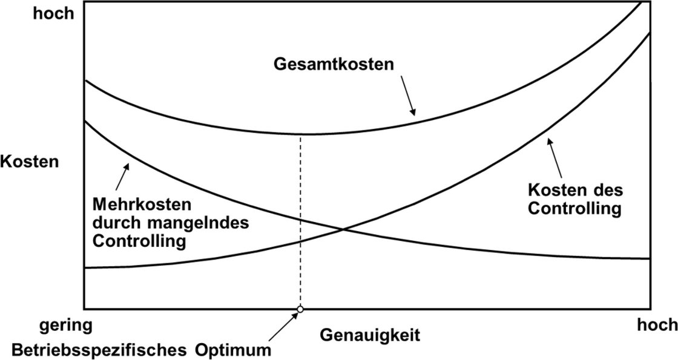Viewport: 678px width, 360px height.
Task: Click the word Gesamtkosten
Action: (x=334, y=64)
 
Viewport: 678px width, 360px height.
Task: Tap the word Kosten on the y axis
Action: (x=29, y=162)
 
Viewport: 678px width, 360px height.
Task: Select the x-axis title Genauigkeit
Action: (x=370, y=335)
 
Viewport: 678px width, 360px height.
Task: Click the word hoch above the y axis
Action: (x=54, y=13)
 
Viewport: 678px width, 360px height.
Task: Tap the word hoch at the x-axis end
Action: (x=657, y=324)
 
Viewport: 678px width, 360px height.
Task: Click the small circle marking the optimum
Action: (x=300, y=309)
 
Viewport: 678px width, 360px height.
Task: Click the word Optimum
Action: (x=232, y=350)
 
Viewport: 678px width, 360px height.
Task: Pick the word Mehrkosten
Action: (x=142, y=203)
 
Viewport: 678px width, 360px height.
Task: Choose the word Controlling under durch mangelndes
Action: (x=139, y=241)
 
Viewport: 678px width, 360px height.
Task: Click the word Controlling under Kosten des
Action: (x=574, y=208)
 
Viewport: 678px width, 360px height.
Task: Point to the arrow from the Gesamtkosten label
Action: (x=408, y=96)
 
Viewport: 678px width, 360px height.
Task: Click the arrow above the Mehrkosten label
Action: (x=123, y=176)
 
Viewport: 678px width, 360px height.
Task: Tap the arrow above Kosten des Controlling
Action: (x=555, y=157)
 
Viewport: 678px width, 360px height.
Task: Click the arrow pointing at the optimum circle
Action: (x=283, y=327)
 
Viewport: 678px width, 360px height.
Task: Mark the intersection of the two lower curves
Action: (x=344, y=229)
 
